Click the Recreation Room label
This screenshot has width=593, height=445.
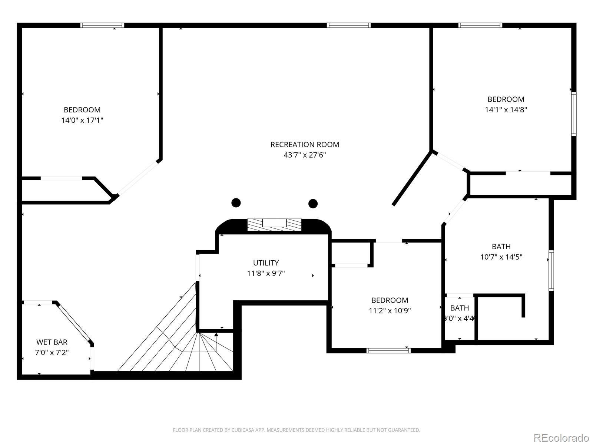pyautogui.click(x=305, y=145)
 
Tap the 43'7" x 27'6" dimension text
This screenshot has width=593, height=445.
pyautogui.click(x=305, y=155)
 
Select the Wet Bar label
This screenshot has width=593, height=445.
pyautogui.click(x=52, y=342)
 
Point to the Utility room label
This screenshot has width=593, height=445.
pyautogui.click(x=266, y=263)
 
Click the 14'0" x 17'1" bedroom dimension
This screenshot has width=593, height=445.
pyautogui.click(x=82, y=120)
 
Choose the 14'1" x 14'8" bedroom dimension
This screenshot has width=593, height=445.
pyautogui.click(x=506, y=109)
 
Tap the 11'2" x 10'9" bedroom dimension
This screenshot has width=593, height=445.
pyautogui.click(x=390, y=310)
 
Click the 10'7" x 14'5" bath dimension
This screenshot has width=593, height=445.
pyautogui.click(x=501, y=257)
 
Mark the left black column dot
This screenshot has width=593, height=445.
pyautogui.click(x=236, y=202)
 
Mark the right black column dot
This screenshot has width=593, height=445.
pyautogui.click(x=313, y=204)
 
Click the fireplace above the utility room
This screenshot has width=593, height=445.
pyautogui.click(x=274, y=225)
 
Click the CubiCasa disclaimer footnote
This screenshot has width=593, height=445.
pyautogui.click(x=296, y=430)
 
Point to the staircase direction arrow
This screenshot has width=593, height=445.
pyautogui.click(x=216, y=342)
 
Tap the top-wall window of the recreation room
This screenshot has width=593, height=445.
pyautogui.click(x=348, y=25)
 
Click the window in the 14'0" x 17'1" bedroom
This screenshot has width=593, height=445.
pyautogui.click(x=102, y=25)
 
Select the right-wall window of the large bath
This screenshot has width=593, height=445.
pyautogui.click(x=551, y=270)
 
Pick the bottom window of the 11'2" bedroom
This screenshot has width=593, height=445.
pyautogui.click(x=388, y=350)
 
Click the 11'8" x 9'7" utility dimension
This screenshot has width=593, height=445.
pyautogui.click(x=266, y=273)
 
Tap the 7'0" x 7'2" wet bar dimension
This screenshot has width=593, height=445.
pyautogui.click(x=52, y=352)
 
